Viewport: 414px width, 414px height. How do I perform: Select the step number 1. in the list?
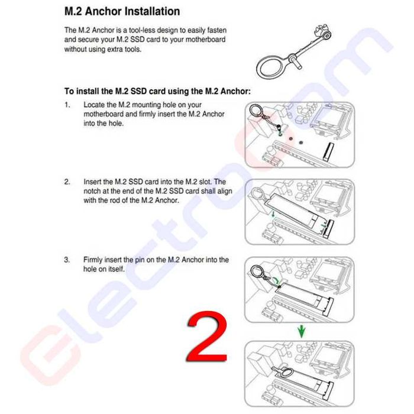[67, 105]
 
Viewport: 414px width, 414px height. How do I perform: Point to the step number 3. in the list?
[67, 260]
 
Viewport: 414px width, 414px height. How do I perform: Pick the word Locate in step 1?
[95, 105]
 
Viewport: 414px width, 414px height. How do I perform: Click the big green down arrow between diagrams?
[302, 330]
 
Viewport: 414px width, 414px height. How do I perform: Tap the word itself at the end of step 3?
[114, 269]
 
